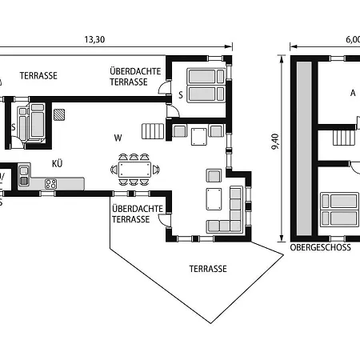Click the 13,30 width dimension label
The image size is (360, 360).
(x=94, y=39)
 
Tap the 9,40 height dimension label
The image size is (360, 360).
(x=275, y=142)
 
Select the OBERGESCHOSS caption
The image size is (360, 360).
(x=320, y=247)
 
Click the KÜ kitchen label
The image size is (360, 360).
(x=57, y=163)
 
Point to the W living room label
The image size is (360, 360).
(x=118, y=138)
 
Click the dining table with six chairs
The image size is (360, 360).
(x=135, y=170)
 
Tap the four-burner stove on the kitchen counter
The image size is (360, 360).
(x=50, y=184)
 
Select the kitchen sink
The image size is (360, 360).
(x=24, y=176)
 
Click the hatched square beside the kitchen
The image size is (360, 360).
(x=59, y=114)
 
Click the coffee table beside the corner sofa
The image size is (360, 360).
(x=214, y=199)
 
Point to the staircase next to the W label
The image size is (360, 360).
(x=153, y=131)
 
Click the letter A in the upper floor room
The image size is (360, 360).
(x=353, y=93)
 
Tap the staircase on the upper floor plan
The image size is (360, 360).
(x=344, y=138)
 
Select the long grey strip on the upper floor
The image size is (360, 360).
(x=304, y=149)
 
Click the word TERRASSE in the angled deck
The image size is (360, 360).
(x=208, y=269)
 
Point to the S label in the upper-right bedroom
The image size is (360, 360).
(x=181, y=95)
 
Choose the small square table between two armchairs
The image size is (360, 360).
(x=199, y=137)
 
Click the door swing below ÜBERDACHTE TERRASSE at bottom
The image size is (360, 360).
(x=164, y=221)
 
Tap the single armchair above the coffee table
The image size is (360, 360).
(x=214, y=175)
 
